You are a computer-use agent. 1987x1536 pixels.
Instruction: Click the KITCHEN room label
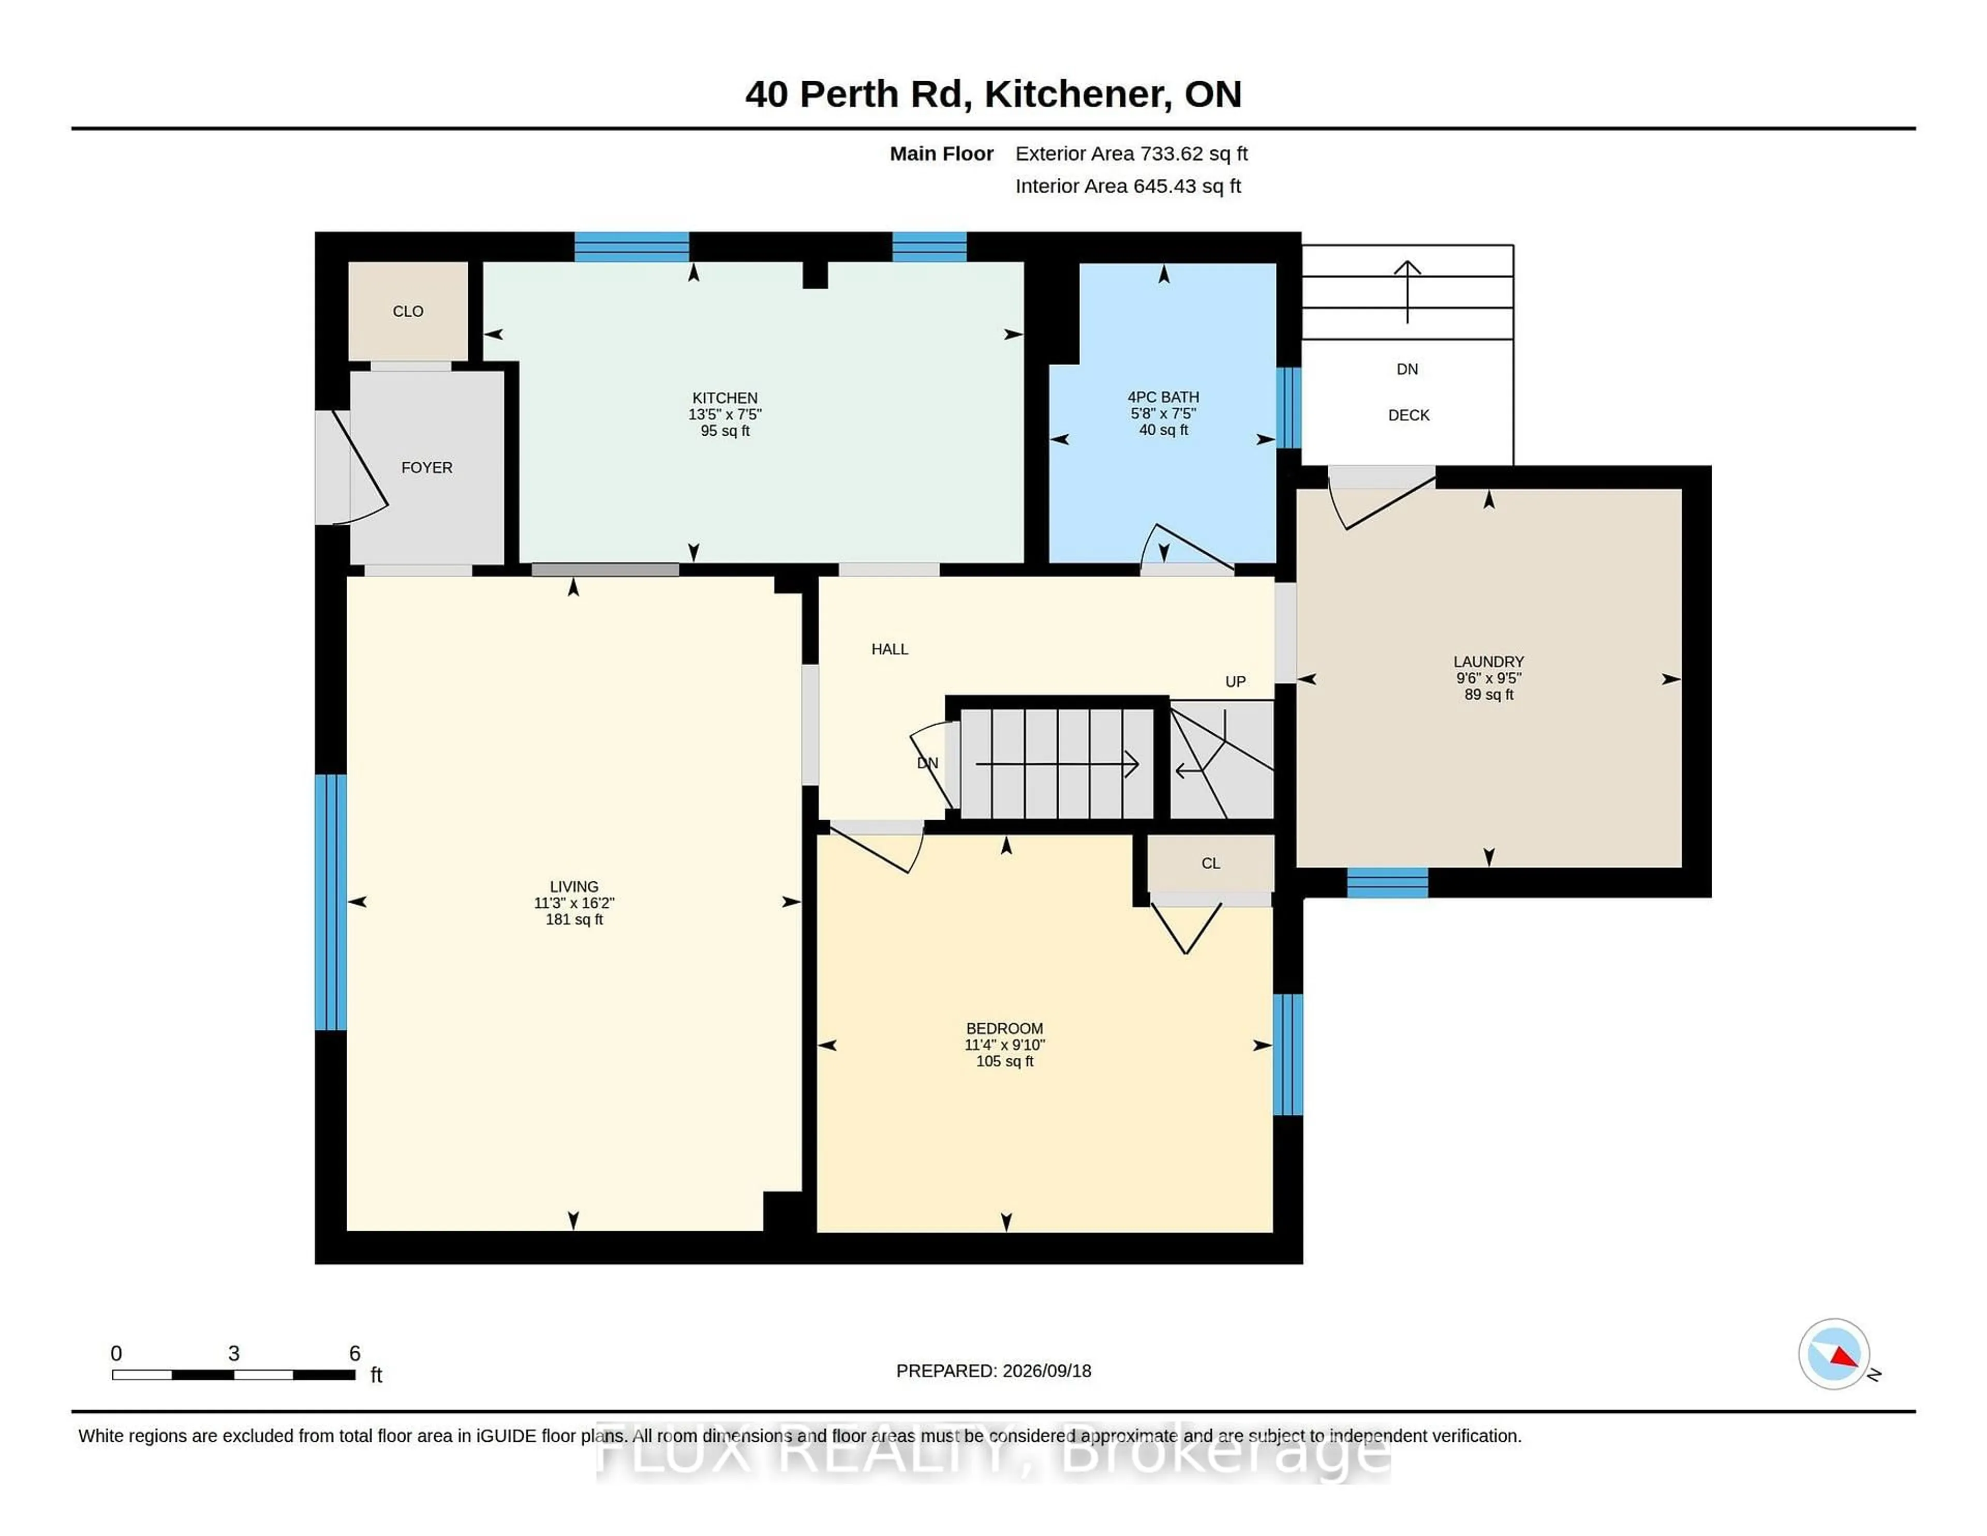[724, 397]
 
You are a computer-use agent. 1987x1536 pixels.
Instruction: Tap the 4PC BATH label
[1163, 397]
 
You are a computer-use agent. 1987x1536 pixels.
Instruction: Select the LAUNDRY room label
[1488, 661]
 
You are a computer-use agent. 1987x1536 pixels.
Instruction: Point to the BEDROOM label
[1004, 1028]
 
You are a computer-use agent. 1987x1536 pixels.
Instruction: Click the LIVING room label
[574, 887]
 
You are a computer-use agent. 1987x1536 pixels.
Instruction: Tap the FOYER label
[427, 468]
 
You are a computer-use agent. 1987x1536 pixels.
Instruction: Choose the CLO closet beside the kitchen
[408, 311]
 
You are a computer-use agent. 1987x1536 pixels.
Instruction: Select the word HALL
[890, 649]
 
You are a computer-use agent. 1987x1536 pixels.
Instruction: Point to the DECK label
[1408, 415]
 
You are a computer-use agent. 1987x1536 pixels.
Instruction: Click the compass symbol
[1834, 1353]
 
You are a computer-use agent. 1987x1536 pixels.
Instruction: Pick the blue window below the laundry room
[1387, 883]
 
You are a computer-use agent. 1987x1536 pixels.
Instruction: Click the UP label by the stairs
[1235, 682]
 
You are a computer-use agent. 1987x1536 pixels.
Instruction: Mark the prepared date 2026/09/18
[1046, 1370]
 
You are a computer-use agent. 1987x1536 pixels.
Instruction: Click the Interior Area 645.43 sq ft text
[1128, 186]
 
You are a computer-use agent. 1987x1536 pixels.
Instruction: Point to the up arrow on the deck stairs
[1407, 292]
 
